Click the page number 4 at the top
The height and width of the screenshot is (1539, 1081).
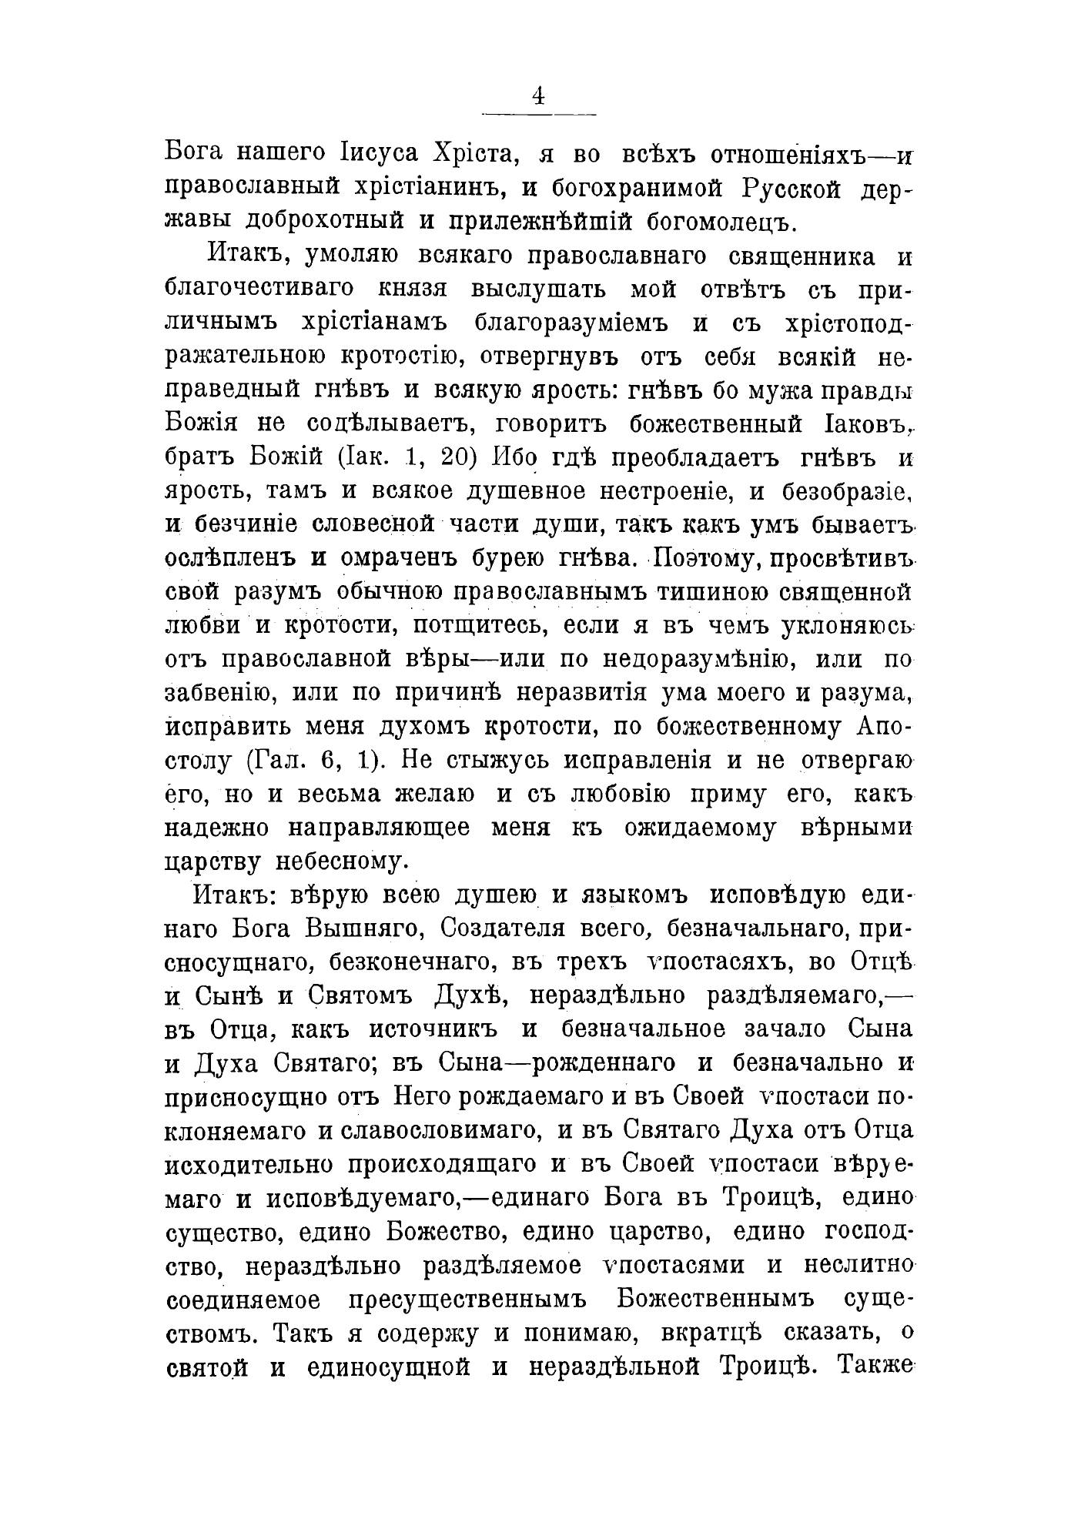pyautogui.click(x=538, y=96)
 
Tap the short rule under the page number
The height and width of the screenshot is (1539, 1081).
pyautogui.click(x=538, y=115)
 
